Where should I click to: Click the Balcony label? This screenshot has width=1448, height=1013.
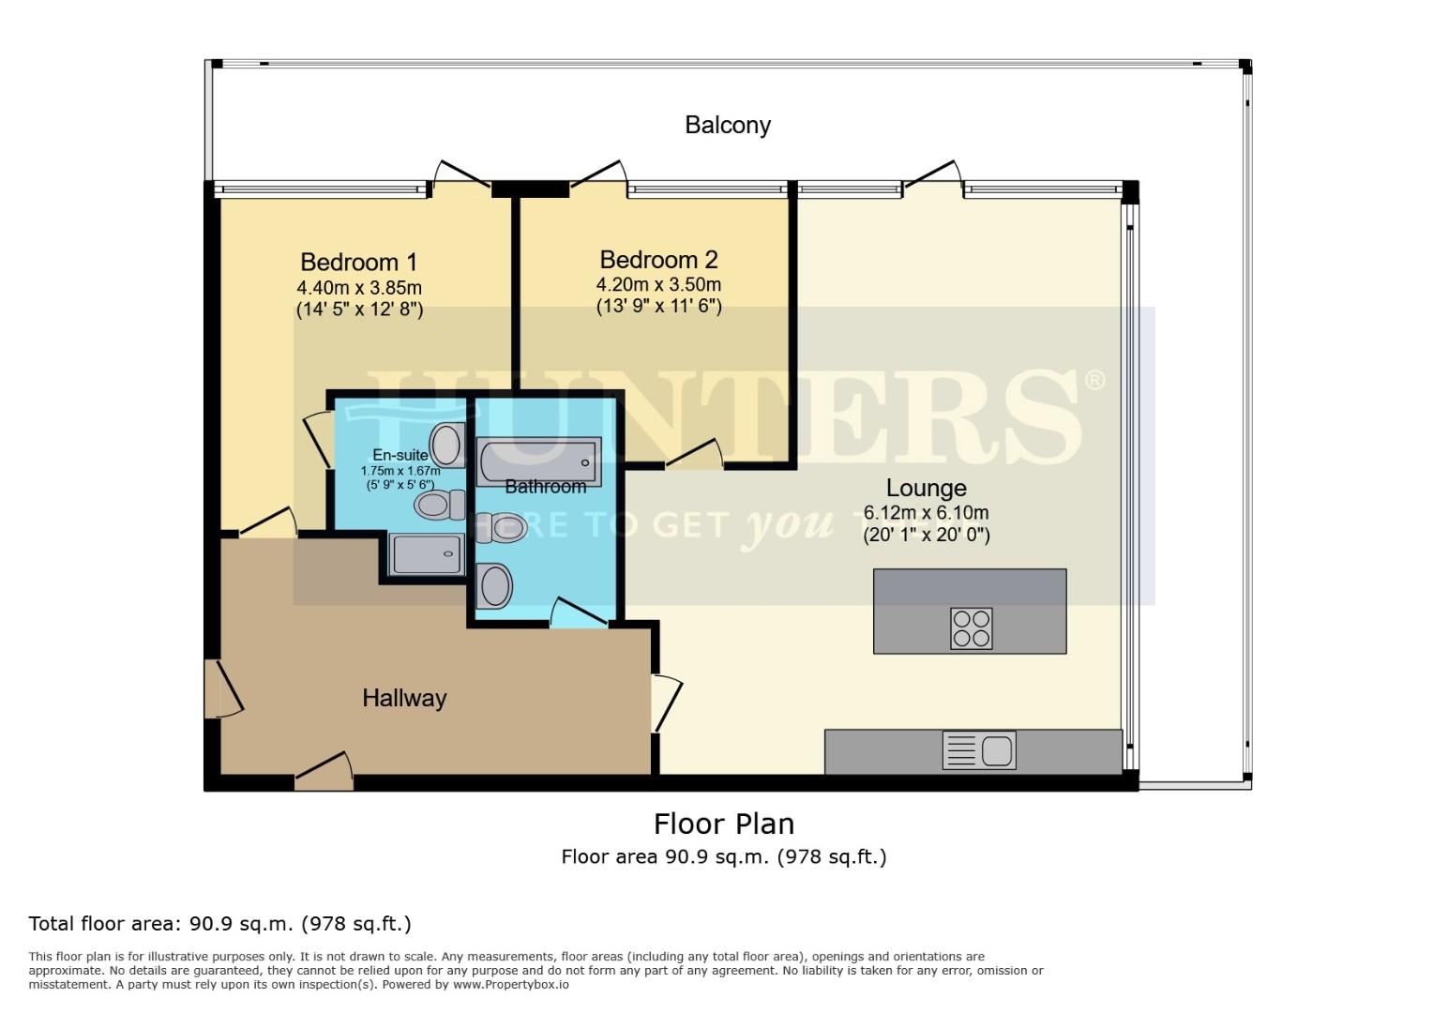pyautogui.click(x=727, y=125)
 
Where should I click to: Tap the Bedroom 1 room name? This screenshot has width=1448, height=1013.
pyautogui.click(x=358, y=262)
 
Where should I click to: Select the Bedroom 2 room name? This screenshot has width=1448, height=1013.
pyautogui.click(x=658, y=259)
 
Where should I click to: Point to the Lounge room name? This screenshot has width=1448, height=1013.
pyautogui.click(x=926, y=488)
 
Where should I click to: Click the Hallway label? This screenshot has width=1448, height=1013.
pyautogui.click(x=404, y=698)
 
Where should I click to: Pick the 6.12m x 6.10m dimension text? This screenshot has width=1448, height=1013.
pyautogui.click(x=926, y=513)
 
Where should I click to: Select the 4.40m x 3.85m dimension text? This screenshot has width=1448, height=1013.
pyautogui.click(x=358, y=288)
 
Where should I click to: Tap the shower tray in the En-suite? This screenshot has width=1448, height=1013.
pyautogui.click(x=428, y=553)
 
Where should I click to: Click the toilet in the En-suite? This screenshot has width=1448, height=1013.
pyautogui.click(x=440, y=506)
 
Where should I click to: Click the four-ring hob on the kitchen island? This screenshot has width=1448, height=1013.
pyautogui.click(x=971, y=628)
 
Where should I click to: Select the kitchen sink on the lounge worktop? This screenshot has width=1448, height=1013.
pyautogui.click(x=979, y=751)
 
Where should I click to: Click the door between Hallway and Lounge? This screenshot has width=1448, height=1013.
pyautogui.click(x=666, y=703)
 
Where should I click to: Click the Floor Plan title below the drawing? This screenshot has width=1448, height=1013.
pyautogui.click(x=723, y=824)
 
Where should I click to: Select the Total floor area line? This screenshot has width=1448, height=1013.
pyautogui.click(x=219, y=924)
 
